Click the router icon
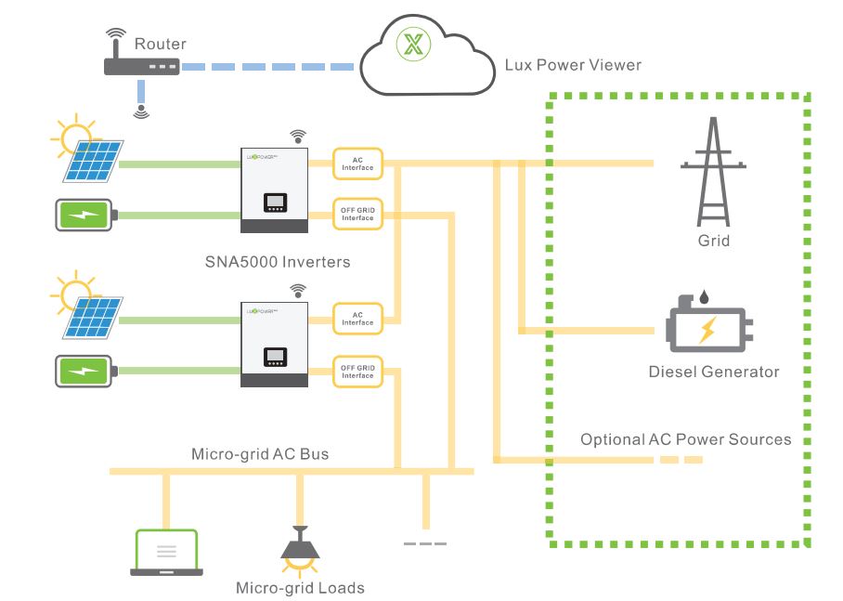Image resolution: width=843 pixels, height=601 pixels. pos(138,67)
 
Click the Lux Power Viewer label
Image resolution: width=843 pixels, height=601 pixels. pos(573,65)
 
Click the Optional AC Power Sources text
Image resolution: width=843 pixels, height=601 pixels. pos(685,438)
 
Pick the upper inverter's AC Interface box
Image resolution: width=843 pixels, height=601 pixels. pos(357,163)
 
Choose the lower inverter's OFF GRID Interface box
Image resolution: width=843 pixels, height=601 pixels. pos(357,371)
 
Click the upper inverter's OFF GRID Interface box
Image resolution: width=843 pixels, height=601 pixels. pos(357,215)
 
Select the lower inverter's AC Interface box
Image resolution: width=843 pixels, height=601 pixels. pos(357,318)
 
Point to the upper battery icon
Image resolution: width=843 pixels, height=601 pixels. pos(85,215)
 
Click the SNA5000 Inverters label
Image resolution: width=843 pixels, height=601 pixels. pos(278,262)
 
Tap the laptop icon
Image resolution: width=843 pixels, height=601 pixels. pos(166,553)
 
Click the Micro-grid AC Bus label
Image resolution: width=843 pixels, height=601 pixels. pos(260,454)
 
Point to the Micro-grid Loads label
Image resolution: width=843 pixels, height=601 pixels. pos(300,587)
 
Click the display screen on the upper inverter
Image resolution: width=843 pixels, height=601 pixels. pos(275,202)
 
